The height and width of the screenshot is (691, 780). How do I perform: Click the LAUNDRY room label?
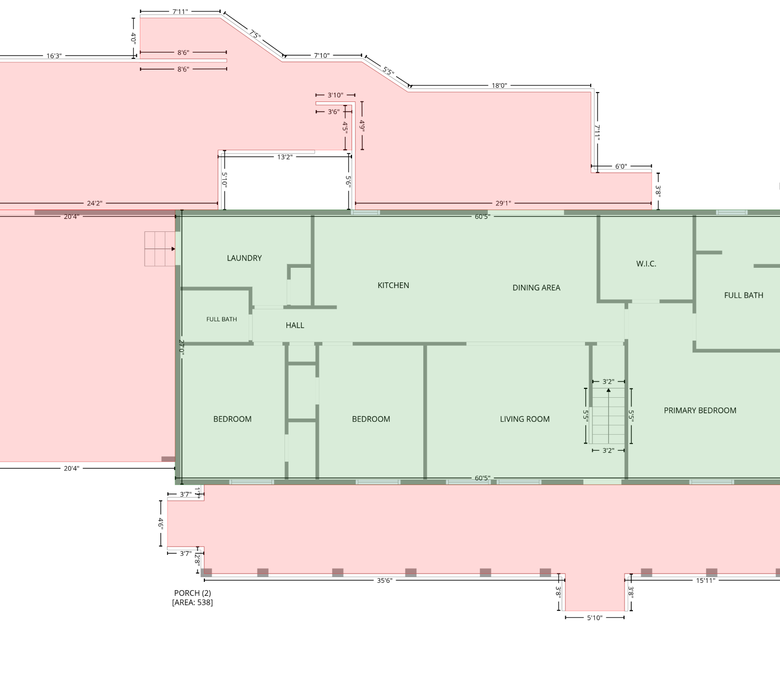(244, 258)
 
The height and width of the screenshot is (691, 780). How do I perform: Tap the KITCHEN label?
(393, 285)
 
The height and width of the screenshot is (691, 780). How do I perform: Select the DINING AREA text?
(536, 288)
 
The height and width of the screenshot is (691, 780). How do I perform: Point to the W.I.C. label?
(646, 264)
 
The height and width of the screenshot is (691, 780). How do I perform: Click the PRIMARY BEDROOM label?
(700, 410)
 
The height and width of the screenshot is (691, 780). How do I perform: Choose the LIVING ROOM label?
(525, 419)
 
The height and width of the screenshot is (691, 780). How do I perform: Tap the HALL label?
(295, 325)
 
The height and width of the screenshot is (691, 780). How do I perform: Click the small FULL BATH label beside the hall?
(222, 319)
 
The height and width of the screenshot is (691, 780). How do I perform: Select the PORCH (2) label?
(192, 593)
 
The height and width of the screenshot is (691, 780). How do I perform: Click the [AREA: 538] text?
(192, 603)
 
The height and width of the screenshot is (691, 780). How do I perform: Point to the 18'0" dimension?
(499, 85)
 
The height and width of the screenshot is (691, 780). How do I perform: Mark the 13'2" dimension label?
(285, 157)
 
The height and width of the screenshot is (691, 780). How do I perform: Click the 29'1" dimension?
(503, 203)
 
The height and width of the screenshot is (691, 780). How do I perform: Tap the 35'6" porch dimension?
(384, 581)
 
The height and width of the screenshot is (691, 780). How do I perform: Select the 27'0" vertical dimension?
(181, 348)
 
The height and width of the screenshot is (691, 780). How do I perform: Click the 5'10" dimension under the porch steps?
(594, 618)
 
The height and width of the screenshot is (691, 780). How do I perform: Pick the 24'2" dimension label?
(94, 203)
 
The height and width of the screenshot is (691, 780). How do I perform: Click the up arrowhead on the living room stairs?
(608, 390)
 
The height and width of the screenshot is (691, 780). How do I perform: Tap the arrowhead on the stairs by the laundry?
(173, 249)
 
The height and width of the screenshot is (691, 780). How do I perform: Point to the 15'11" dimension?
(706, 581)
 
